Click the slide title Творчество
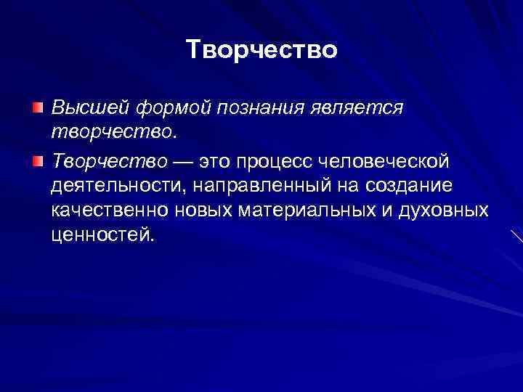(x=261, y=49)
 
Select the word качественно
(x=110, y=211)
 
